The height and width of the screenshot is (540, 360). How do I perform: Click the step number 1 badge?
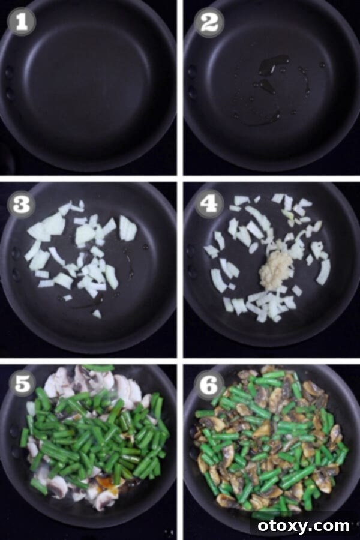[x=22, y=22]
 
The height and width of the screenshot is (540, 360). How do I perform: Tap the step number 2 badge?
[x=209, y=22]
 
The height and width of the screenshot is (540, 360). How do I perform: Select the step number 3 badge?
[x=22, y=205]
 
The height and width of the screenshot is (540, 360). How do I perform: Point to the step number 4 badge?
[x=209, y=205]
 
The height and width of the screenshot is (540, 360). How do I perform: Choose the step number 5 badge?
[x=22, y=385]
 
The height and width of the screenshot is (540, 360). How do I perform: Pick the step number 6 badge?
[x=209, y=385]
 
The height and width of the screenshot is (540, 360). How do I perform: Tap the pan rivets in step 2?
[x=191, y=80]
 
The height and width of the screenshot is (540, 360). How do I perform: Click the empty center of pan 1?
[x=90, y=90]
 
